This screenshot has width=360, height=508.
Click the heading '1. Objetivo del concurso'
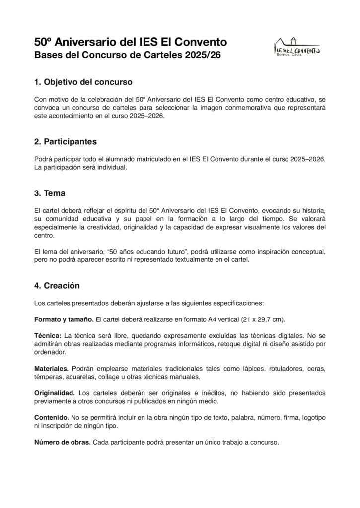pyautogui.click(x=83, y=81)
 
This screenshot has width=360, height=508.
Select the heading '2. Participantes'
pyautogui.click(x=66, y=142)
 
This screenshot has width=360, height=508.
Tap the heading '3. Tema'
pyautogui.click(x=50, y=193)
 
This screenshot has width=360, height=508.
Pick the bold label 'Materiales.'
pyautogui.click(x=51, y=369)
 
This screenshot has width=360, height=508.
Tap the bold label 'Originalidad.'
pyautogui.click(x=55, y=393)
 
